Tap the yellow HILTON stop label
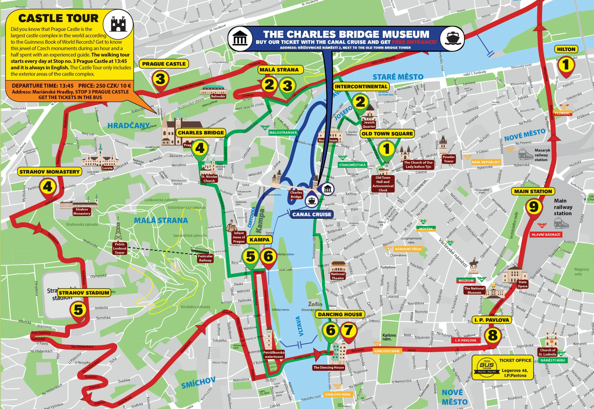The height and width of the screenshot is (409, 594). tap(566, 49)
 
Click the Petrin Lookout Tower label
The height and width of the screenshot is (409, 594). tap(119, 248)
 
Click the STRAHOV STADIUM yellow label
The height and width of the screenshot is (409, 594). tap(84, 293)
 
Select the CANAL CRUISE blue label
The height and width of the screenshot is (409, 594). tap(312, 214)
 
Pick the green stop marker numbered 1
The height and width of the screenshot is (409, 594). tap(386, 149)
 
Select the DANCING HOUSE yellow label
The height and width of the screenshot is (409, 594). tap(340, 315)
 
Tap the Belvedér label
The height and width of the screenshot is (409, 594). tap(218, 96)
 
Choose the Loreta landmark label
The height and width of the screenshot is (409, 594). tap(107, 168)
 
